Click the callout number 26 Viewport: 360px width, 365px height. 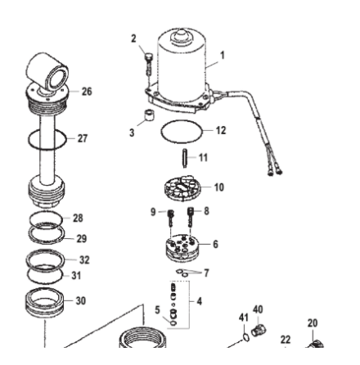click(x=87, y=91)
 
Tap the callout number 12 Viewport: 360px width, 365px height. click(x=221, y=130)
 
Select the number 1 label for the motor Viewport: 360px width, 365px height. click(x=223, y=56)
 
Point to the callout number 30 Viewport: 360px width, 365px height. click(x=81, y=300)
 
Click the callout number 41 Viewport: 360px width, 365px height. click(x=244, y=318)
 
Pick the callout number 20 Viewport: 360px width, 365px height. click(x=313, y=323)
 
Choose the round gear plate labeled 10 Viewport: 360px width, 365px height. click(x=182, y=188)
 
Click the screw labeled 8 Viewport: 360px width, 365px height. click(x=191, y=218)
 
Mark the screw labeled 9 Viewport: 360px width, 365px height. click(x=171, y=218)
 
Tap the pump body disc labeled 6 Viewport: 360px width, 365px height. click(x=182, y=247)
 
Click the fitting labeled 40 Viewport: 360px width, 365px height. click(x=259, y=330)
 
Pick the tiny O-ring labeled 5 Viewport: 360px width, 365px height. click(x=173, y=323)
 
